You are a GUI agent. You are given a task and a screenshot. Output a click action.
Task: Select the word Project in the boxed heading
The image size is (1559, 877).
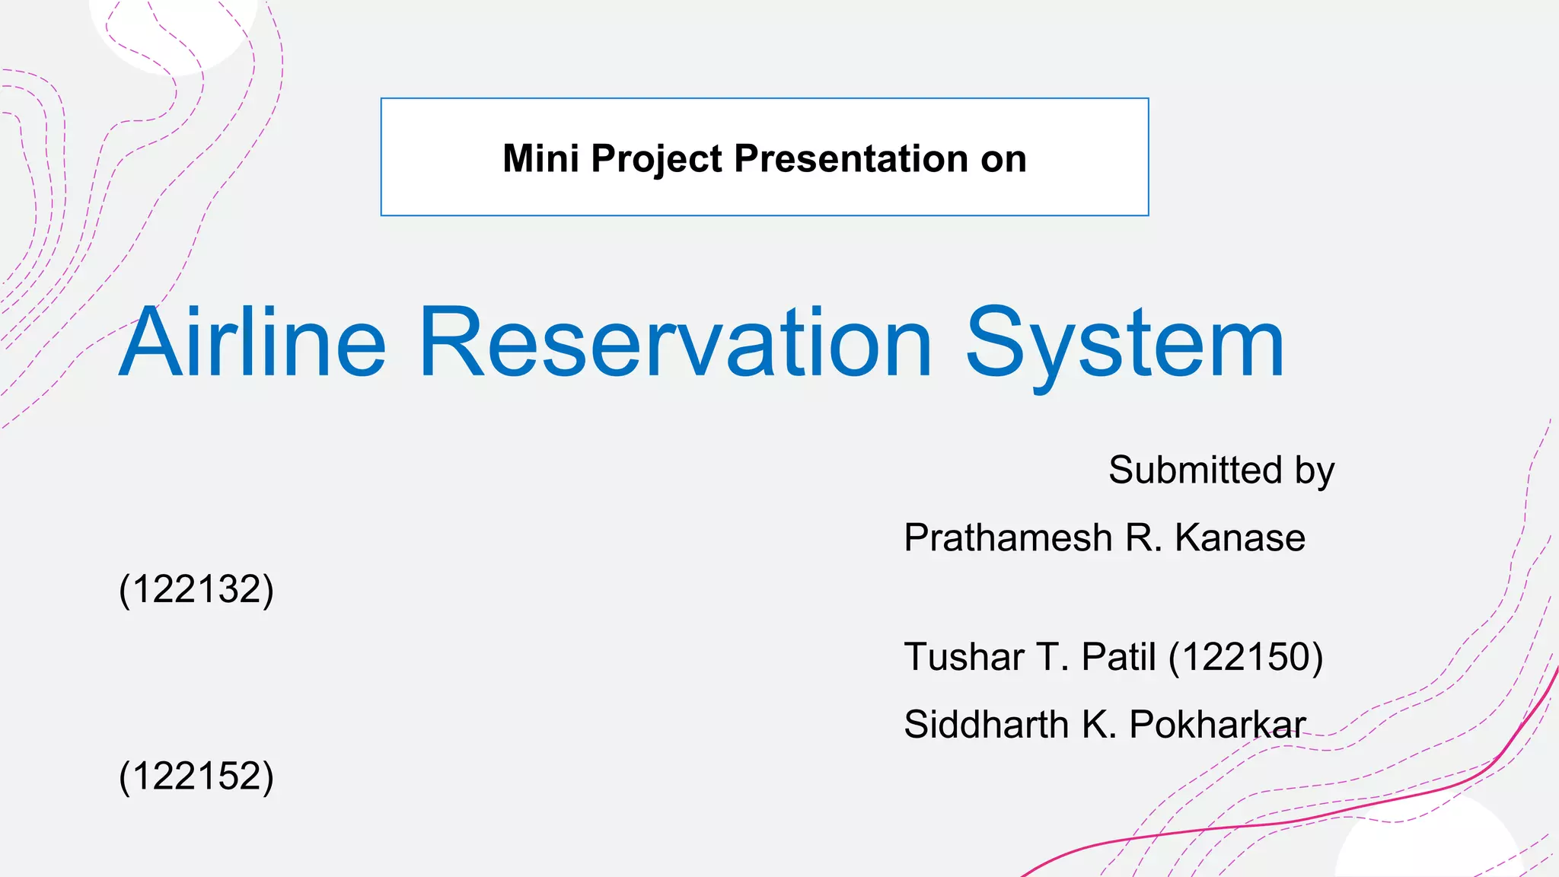pos(656,160)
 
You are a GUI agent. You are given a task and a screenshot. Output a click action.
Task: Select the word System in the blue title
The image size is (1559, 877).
pos(1125,344)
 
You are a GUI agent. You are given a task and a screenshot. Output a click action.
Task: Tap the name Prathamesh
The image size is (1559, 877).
pos(1008,538)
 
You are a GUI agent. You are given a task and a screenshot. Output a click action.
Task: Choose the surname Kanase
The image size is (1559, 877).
pos(1240,538)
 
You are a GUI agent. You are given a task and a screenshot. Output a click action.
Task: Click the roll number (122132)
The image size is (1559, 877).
pos(196,589)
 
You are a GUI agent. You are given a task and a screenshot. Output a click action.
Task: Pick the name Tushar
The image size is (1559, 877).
pos(964,657)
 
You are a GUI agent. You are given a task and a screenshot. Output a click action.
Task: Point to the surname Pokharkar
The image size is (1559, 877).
pos(1216,724)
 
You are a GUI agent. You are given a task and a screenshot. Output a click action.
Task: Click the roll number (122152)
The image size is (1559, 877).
pos(196,776)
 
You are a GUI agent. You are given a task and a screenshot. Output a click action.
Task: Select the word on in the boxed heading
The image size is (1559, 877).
pos(1003,159)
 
